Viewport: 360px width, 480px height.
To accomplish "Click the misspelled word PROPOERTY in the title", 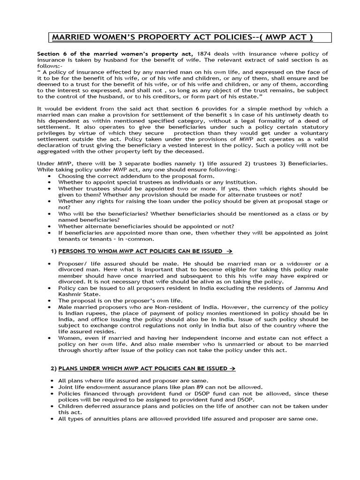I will (x=149, y=37).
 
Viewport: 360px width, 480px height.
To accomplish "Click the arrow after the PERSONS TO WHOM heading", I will (x=229, y=251).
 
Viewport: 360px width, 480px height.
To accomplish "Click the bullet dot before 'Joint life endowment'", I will (x=49, y=387).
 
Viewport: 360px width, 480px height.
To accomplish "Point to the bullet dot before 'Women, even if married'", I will (x=49, y=338).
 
